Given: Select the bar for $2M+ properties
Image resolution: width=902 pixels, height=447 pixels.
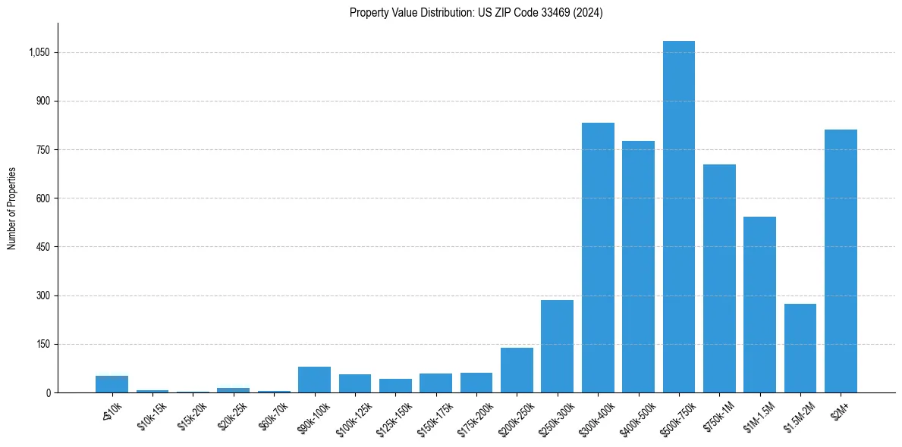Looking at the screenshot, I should (841, 261).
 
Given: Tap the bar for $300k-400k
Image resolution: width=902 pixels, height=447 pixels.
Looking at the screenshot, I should (598, 258).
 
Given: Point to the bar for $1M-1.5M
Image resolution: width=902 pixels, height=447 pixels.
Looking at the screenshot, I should (759, 305).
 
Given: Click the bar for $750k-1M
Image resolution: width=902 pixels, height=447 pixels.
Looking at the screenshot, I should (719, 278).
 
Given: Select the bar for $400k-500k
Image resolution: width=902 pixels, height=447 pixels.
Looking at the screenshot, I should (638, 267).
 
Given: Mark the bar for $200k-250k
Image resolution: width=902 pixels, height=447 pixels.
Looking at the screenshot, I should (517, 370).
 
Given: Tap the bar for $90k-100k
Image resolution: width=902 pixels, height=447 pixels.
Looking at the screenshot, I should (314, 380).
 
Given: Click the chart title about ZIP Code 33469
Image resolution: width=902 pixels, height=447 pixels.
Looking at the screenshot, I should (476, 13).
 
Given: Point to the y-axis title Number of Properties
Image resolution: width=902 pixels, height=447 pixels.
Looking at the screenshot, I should (12, 208).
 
